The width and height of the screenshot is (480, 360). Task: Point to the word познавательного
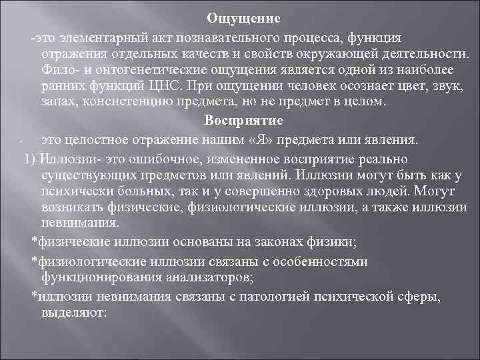click(x=241, y=35)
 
